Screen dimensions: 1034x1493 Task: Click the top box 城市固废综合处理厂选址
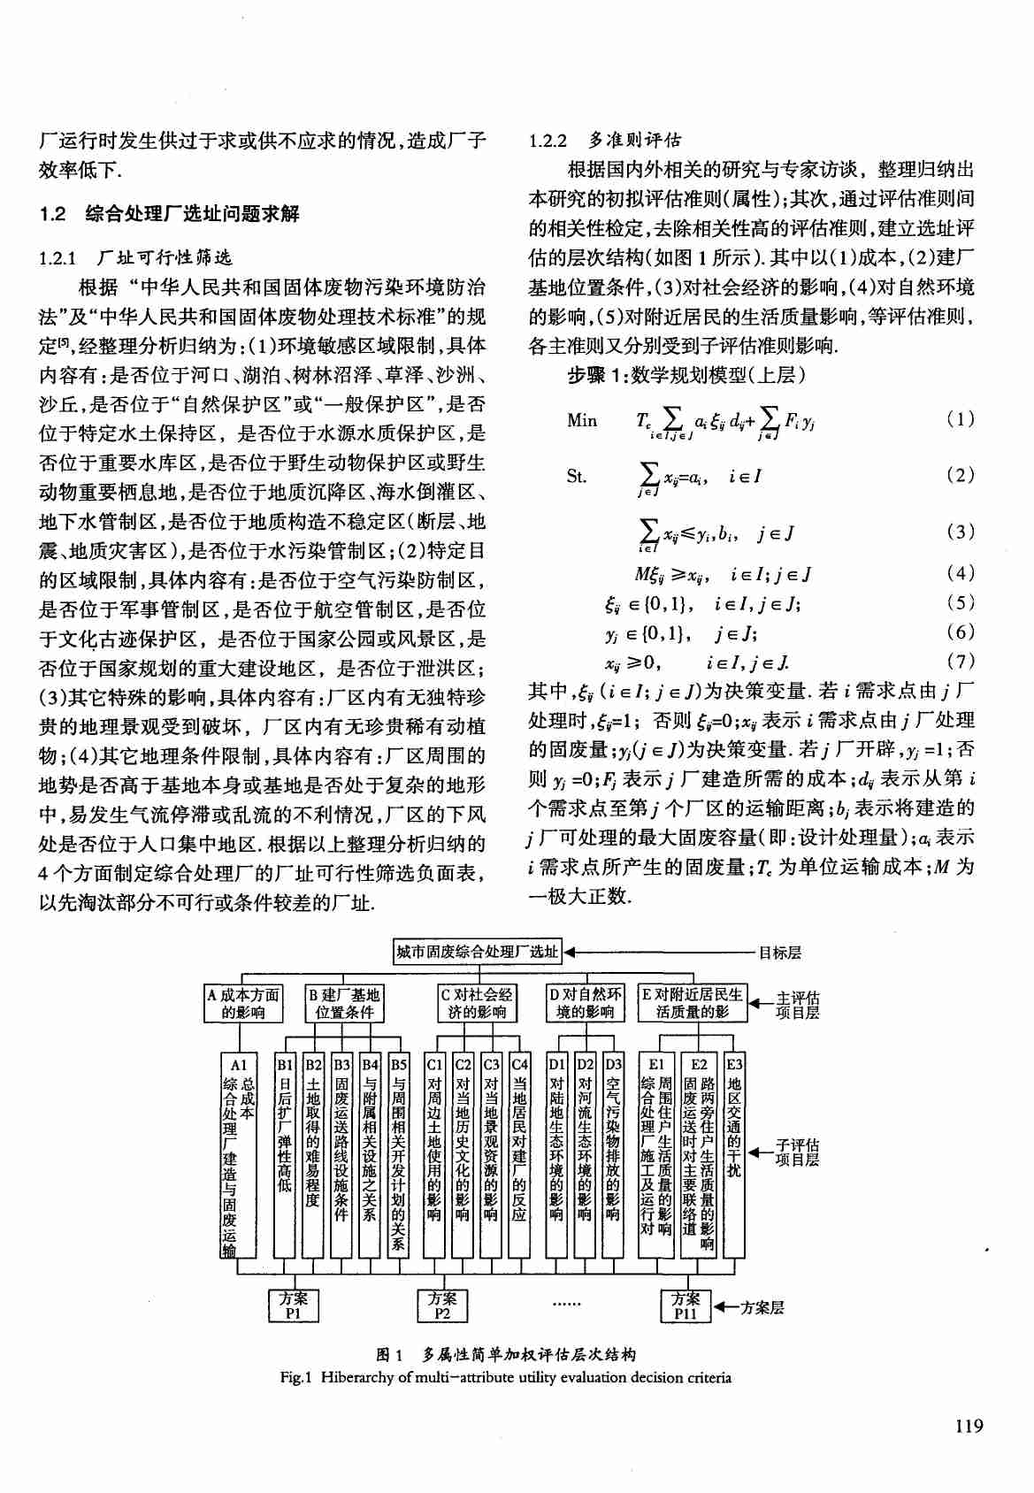pyautogui.click(x=478, y=952)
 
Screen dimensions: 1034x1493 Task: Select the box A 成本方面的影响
pyautogui.click(x=243, y=1004)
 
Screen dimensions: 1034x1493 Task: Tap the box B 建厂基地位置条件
pyautogui.click(x=344, y=1004)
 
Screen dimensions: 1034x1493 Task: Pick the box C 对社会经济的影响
pyautogui.click(x=477, y=1004)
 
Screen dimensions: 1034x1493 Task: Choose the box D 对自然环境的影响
pyautogui.click(x=586, y=1004)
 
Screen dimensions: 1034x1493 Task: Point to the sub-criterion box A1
pyautogui.click(x=238, y=1154)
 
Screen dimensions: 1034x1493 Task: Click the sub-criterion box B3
pyautogui.click(x=341, y=1154)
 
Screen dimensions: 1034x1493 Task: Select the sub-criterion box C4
pyautogui.click(x=519, y=1154)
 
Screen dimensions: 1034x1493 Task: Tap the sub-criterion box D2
pyautogui.click(x=585, y=1154)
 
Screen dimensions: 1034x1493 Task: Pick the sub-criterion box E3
pyautogui.click(x=734, y=1154)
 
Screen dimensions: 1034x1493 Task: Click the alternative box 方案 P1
pyautogui.click(x=294, y=1305)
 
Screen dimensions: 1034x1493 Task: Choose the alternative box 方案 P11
pyautogui.click(x=686, y=1305)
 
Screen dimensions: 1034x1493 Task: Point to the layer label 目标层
pyautogui.click(x=780, y=953)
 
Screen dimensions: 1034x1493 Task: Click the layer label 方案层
pyautogui.click(x=762, y=1307)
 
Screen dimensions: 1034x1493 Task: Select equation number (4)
pyautogui.click(x=961, y=573)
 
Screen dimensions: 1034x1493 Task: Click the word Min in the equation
pyautogui.click(x=582, y=421)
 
